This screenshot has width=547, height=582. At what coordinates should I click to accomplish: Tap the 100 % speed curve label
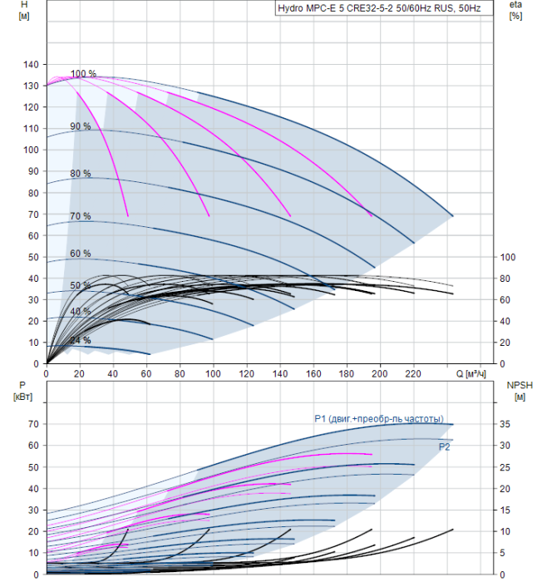[83, 74]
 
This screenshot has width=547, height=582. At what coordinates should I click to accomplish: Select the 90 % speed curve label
[81, 126]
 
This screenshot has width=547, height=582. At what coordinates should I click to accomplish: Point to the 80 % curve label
[81, 174]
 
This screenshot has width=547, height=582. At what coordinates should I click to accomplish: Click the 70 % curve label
[81, 216]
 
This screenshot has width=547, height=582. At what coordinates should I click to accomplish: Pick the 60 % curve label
[81, 254]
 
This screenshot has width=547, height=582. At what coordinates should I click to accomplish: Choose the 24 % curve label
[81, 340]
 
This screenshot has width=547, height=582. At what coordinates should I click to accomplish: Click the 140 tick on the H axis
[31, 64]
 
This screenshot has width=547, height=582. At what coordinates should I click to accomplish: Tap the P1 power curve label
[378, 418]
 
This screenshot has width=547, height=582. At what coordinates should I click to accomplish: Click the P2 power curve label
[445, 447]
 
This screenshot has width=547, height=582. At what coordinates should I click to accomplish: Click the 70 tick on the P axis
[33, 424]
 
